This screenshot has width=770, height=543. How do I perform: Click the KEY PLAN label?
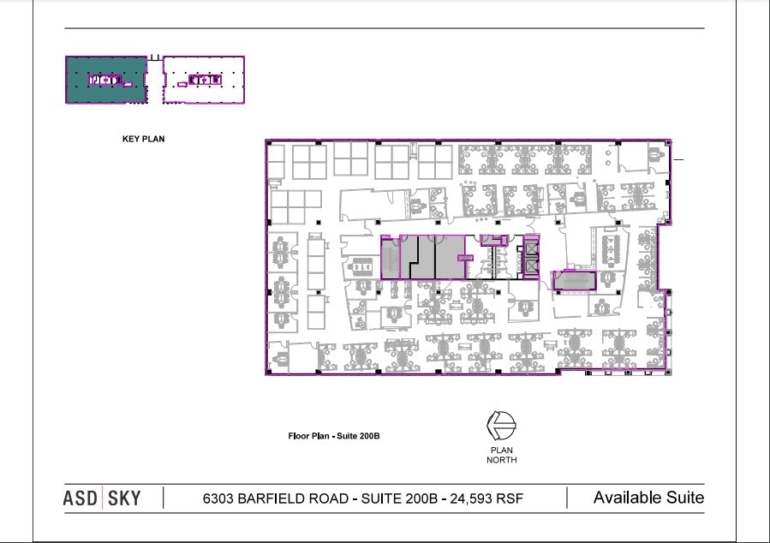(x=143, y=139)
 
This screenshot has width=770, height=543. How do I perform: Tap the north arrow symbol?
(x=501, y=426)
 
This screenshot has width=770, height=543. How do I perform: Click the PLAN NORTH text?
(x=501, y=455)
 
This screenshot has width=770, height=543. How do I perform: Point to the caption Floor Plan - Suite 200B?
(x=334, y=436)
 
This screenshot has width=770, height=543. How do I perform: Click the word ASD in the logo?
(x=80, y=498)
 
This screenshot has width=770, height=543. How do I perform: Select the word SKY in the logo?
(x=124, y=498)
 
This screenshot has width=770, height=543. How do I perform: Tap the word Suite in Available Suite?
(x=685, y=498)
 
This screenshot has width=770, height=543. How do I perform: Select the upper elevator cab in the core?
(x=532, y=248)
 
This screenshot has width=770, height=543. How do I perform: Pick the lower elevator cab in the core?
(x=532, y=267)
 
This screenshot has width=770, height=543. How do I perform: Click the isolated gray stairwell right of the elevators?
(x=575, y=281)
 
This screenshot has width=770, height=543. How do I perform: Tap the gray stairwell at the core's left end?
(x=391, y=259)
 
